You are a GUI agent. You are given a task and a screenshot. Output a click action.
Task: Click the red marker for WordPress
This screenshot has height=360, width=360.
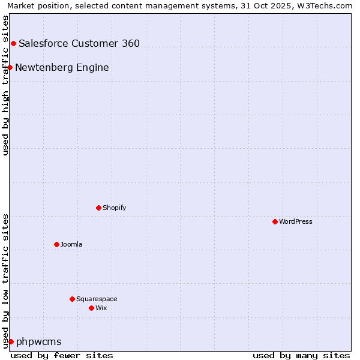(x=275, y=221)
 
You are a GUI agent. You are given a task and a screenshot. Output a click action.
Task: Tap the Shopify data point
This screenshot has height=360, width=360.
(x=99, y=208)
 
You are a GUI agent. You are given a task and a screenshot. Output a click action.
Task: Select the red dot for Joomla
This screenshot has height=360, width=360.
(x=57, y=244)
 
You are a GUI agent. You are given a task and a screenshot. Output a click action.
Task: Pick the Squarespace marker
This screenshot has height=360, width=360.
(x=73, y=299)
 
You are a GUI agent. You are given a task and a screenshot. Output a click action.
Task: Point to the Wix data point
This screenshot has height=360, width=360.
(x=92, y=308)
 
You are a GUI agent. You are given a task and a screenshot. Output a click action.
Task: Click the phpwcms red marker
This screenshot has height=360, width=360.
(x=11, y=341)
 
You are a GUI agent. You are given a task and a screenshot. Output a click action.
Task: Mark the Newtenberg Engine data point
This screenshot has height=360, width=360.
(x=10, y=67)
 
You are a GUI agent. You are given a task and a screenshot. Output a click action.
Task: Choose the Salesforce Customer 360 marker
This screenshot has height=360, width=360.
(x=13, y=43)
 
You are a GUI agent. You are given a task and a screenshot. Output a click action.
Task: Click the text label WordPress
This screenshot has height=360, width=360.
(x=296, y=221)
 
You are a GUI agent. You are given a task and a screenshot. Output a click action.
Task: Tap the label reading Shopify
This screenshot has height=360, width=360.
(x=115, y=208)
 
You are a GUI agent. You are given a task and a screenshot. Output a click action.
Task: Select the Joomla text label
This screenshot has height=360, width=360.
(x=71, y=244)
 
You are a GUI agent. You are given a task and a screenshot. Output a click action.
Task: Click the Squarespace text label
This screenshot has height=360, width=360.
(x=97, y=299)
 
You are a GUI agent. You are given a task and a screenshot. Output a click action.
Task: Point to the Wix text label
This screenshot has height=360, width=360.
(x=101, y=308)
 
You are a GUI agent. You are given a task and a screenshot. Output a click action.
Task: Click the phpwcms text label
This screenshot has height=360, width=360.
(x=39, y=341)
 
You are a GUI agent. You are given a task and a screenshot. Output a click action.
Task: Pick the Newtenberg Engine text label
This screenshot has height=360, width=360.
(x=62, y=67)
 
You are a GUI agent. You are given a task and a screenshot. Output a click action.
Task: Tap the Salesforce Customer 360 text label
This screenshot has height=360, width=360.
(x=79, y=43)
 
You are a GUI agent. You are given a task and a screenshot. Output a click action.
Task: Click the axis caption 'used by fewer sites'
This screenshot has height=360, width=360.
(x=62, y=355)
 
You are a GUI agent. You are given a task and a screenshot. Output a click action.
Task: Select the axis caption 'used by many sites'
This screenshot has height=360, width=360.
(x=301, y=355)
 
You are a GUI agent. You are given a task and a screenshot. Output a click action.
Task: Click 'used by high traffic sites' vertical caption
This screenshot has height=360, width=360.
(x=5, y=85)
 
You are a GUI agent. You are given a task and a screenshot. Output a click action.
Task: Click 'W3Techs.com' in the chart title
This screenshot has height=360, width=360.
(x=325, y=5)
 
